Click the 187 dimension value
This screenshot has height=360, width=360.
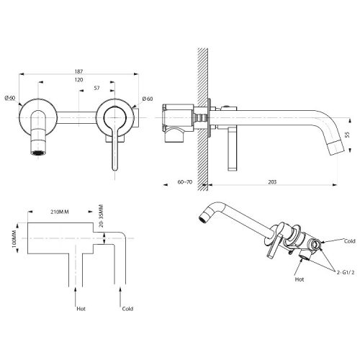[x=78, y=71]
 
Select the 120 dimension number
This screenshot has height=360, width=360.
[x=78, y=80]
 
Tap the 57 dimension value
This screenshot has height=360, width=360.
[x=96, y=88]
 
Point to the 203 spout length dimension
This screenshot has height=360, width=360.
[x=272, y=182]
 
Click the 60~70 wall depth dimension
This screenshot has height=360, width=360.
[x=185, y=182]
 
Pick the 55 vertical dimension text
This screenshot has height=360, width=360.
[x=347, y=135]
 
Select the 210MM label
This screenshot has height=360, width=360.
[x=60, y=212]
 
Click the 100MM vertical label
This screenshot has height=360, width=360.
[x=14, y=239]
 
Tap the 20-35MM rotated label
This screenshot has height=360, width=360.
[x=101, y=216]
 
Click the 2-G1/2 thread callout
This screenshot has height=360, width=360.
[x=346, y=272]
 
